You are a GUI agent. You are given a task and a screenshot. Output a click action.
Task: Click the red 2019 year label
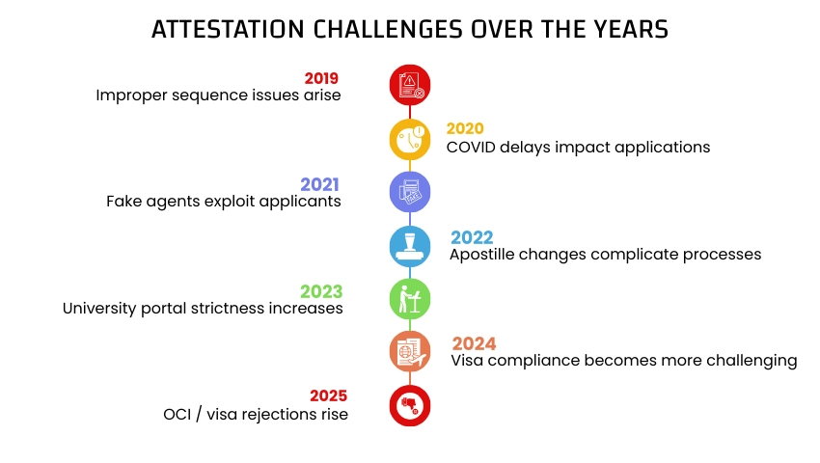[321, 78]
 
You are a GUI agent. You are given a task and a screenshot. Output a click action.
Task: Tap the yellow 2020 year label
[465, 129]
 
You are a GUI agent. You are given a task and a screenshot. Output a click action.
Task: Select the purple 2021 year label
[320, 183]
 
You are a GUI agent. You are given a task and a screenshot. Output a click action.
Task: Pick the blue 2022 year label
[472, 237]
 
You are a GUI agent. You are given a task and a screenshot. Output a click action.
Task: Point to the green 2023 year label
[321, 291]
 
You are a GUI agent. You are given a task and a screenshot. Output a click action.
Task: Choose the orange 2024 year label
[474, 343]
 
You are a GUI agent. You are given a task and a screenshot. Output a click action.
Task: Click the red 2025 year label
[328, 396]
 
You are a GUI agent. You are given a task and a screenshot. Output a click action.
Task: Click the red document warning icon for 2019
[410, 85]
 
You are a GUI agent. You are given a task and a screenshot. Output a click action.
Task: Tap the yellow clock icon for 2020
[410, 139]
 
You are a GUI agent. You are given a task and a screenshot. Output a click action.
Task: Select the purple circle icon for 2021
[410, 192]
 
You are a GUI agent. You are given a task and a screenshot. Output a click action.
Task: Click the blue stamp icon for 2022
[410, 246]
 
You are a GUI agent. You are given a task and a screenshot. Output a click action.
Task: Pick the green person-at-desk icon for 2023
[410, 298]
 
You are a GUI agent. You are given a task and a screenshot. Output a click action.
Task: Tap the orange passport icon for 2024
[410, 351]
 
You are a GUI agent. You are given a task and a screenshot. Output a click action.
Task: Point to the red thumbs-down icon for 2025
[410, 405]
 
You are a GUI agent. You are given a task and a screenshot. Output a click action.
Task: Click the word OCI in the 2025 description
[178, 415]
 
